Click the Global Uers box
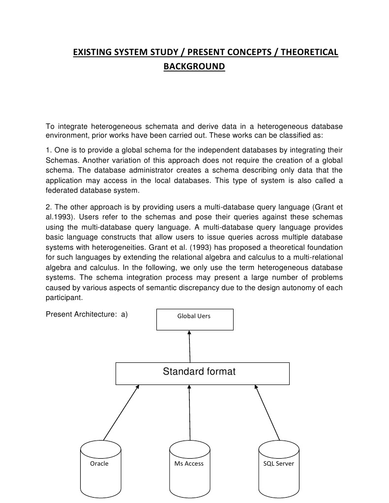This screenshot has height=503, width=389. click(x=194, y=319)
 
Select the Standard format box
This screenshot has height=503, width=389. click(x=202, y=373)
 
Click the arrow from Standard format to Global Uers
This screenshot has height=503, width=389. click(x=189, y=346)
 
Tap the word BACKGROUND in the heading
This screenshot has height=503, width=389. click(x=194, y=66)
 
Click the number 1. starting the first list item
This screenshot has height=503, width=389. click(x=49, y=149)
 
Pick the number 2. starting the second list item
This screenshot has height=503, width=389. click(x=49, y=207)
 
